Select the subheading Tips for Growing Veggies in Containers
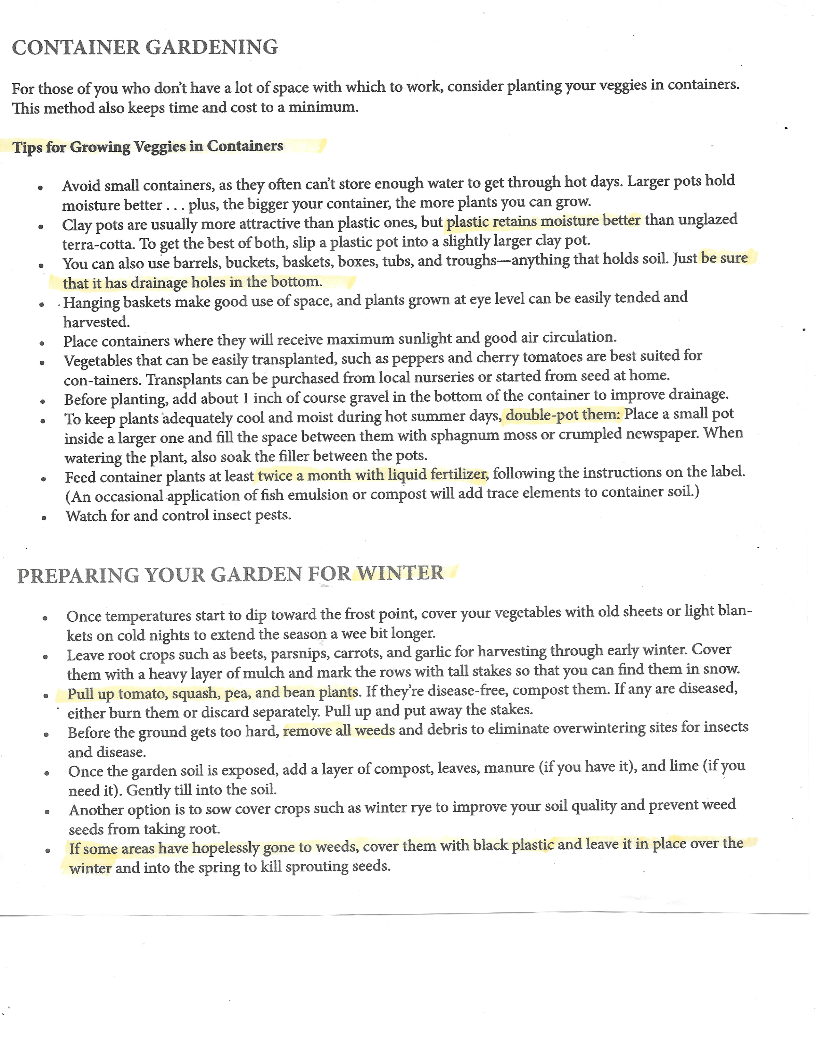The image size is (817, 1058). [x=148, y=146]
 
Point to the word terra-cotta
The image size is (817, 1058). [x=97, y=244]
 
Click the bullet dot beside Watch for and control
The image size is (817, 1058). [x=44, y=518]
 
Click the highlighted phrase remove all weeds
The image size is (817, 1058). [x=339, y=731]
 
